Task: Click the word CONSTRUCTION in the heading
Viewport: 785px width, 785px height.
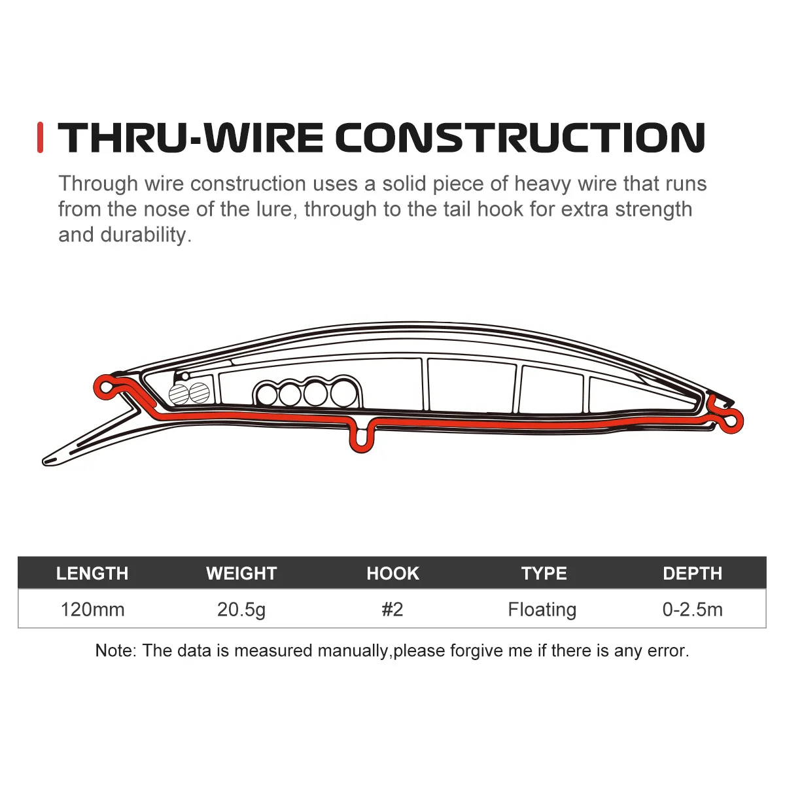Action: coord(520,137)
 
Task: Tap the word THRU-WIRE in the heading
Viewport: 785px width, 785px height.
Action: coord(190,137)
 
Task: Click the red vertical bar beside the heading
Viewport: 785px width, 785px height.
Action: coord(41,137)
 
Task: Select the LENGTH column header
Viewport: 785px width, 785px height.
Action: coord(92,573)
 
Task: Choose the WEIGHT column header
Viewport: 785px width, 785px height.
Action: coord(241,573)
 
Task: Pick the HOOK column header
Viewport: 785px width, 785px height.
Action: coord(392,573)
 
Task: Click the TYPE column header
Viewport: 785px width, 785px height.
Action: coord(544,573)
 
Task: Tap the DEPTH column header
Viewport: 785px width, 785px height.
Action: coord(692,573)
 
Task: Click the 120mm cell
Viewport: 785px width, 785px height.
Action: coord(92,610)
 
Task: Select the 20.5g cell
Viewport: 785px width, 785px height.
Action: coord(241,610)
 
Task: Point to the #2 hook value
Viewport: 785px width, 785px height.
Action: coord(392,610)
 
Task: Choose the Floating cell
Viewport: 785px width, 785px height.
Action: coord(542,610)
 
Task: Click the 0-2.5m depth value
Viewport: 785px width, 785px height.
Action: coord(692,610)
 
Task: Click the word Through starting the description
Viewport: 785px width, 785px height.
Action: coord(99,184)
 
